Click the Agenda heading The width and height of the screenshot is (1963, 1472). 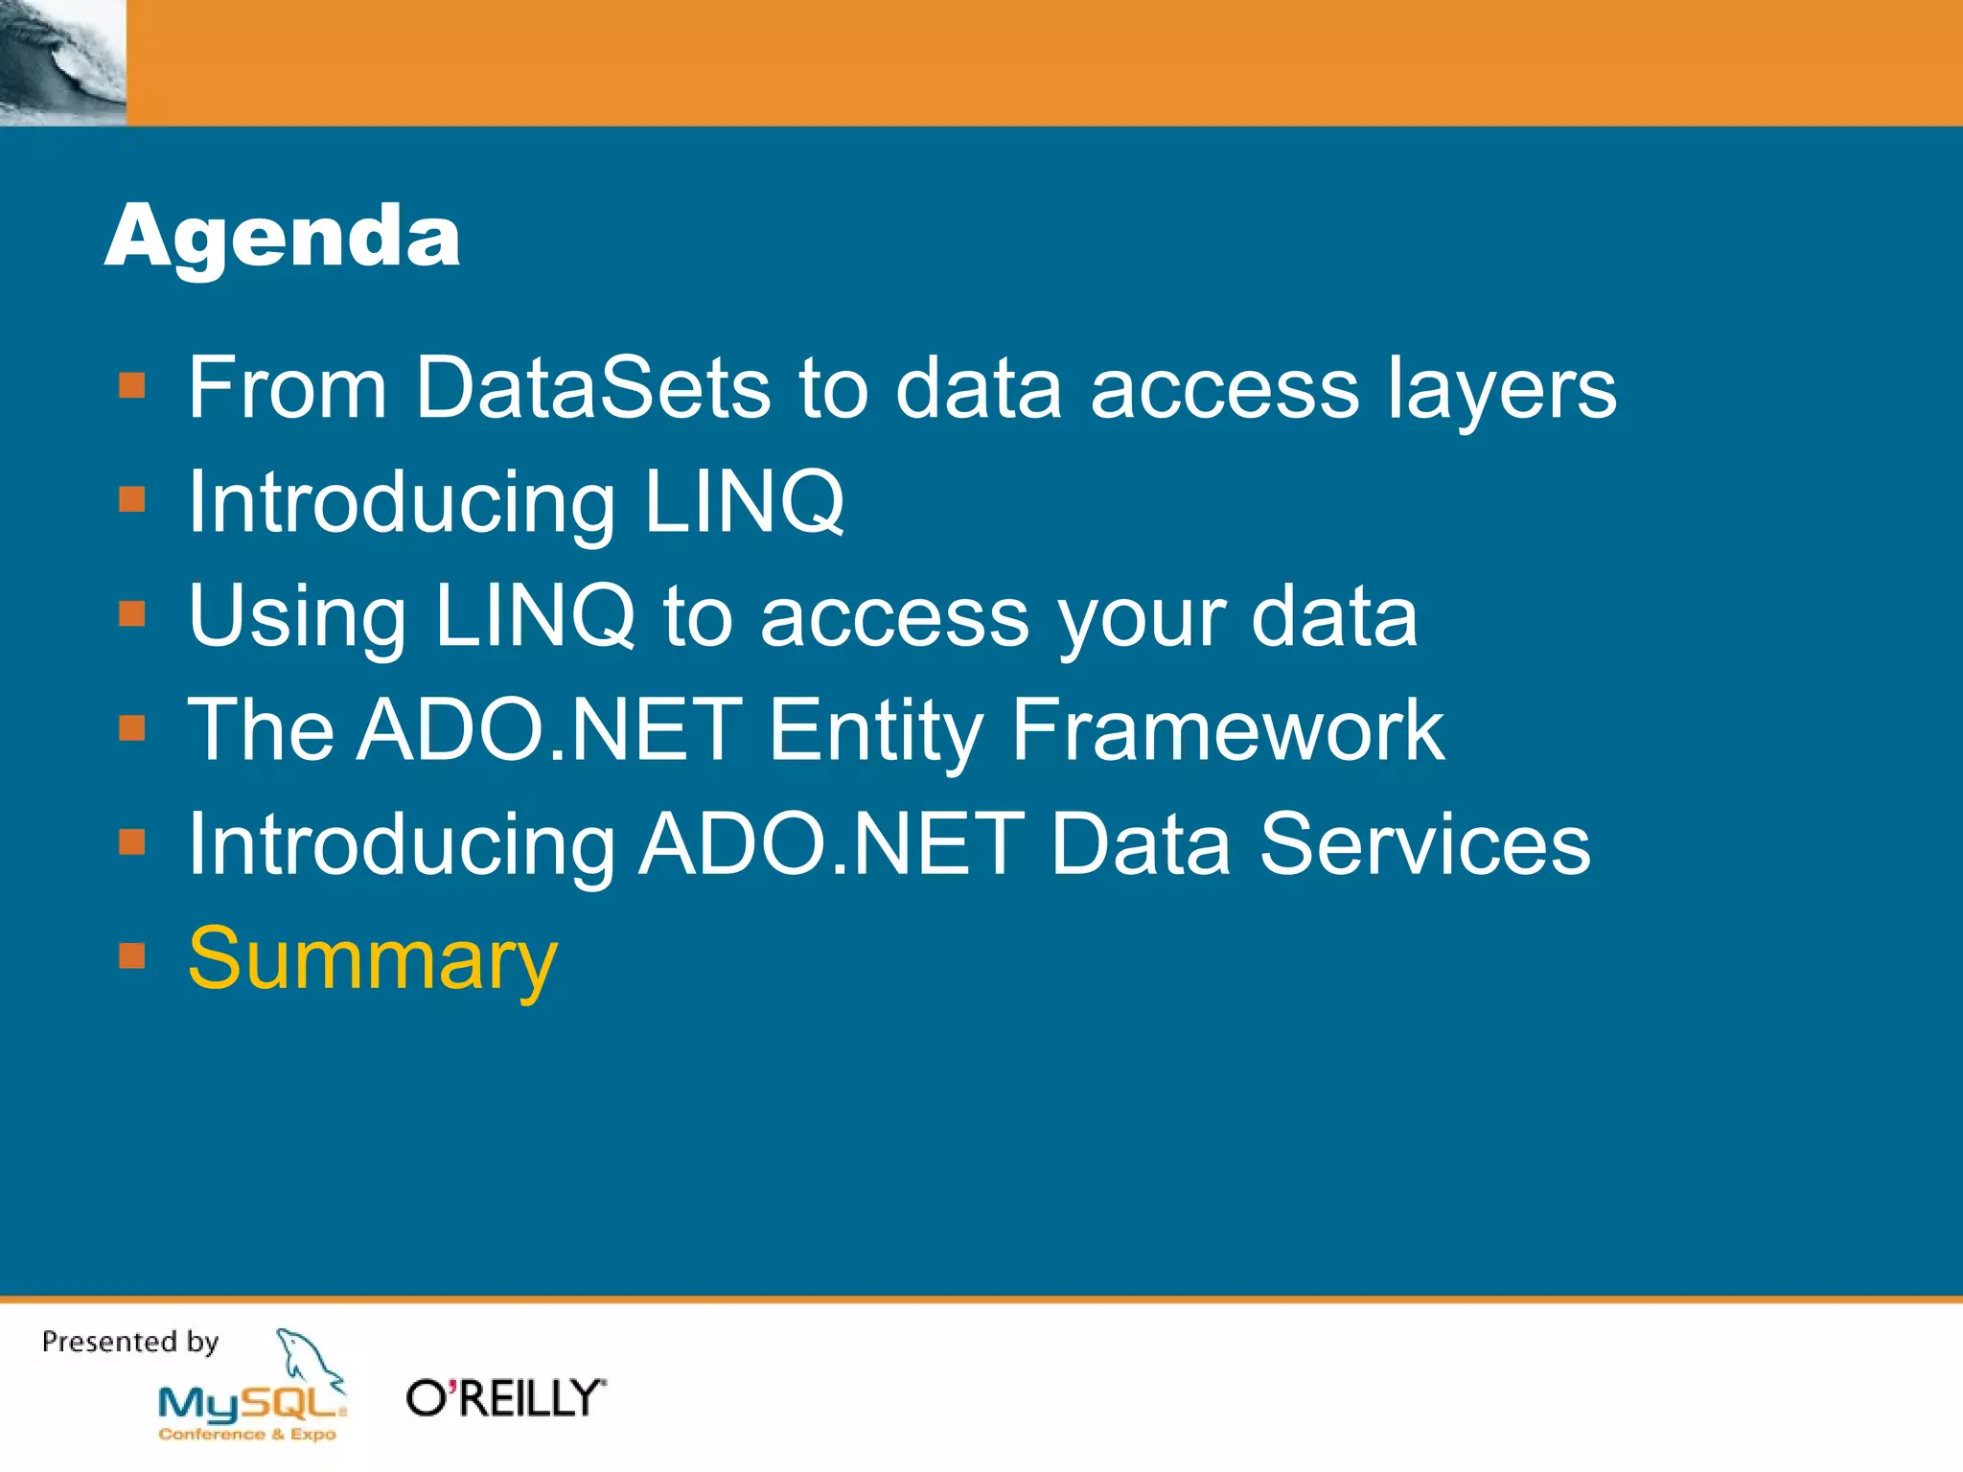pos(282,238)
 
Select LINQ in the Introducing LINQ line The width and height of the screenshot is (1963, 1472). pos(743,502)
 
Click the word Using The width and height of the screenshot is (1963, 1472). pos(297,618)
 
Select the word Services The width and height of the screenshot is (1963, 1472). pos(1424,844)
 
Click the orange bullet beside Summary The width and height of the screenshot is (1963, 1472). pos(131,956)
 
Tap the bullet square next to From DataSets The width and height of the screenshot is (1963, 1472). pos(131,386)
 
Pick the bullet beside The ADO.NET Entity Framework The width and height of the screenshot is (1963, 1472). pos(131,728)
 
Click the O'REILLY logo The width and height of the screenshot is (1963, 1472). pos(505,1398)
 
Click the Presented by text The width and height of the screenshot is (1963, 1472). pos(130,1342)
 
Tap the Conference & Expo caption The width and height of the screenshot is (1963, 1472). pos(247,1435)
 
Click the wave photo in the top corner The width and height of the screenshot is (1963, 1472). pos(62,62)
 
